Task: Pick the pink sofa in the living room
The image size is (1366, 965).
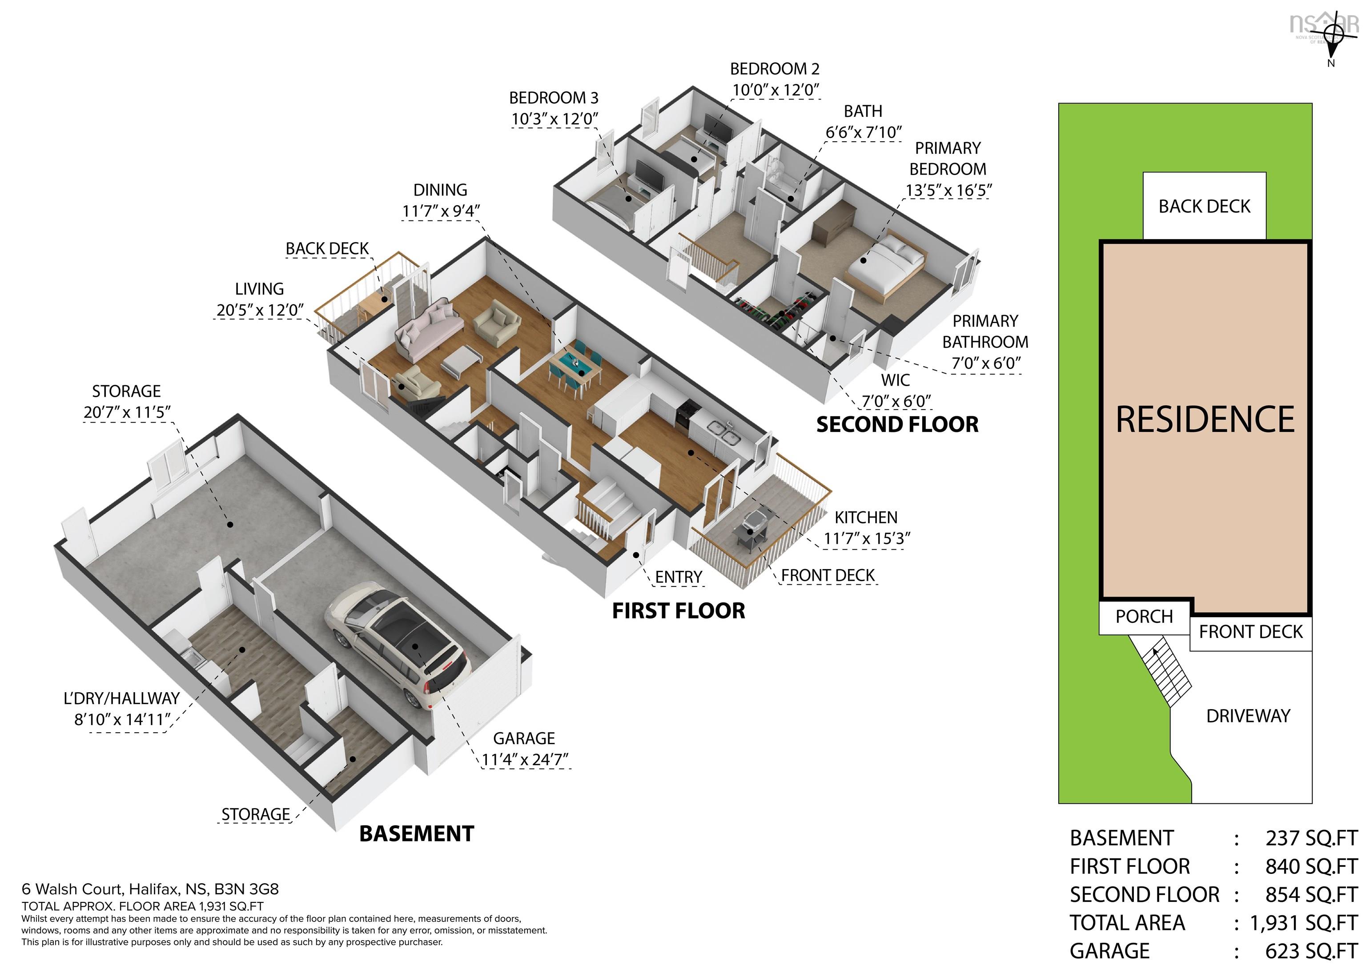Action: coord(428,327)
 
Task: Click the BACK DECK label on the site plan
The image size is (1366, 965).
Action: coord(1204,206)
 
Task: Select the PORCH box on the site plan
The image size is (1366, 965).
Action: coord(1144,617)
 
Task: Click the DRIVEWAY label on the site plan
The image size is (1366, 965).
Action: coord(1248,716)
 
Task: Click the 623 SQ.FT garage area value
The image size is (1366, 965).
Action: coord(1311,951)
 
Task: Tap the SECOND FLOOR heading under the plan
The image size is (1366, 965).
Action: coord(897,425)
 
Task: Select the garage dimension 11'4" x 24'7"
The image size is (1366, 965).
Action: coord(525,760)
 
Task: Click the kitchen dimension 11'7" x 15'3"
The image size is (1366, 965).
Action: coord(867,538)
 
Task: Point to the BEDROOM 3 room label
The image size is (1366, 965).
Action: coord(553,97)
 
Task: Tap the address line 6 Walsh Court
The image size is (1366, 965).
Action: coord(150,889)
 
